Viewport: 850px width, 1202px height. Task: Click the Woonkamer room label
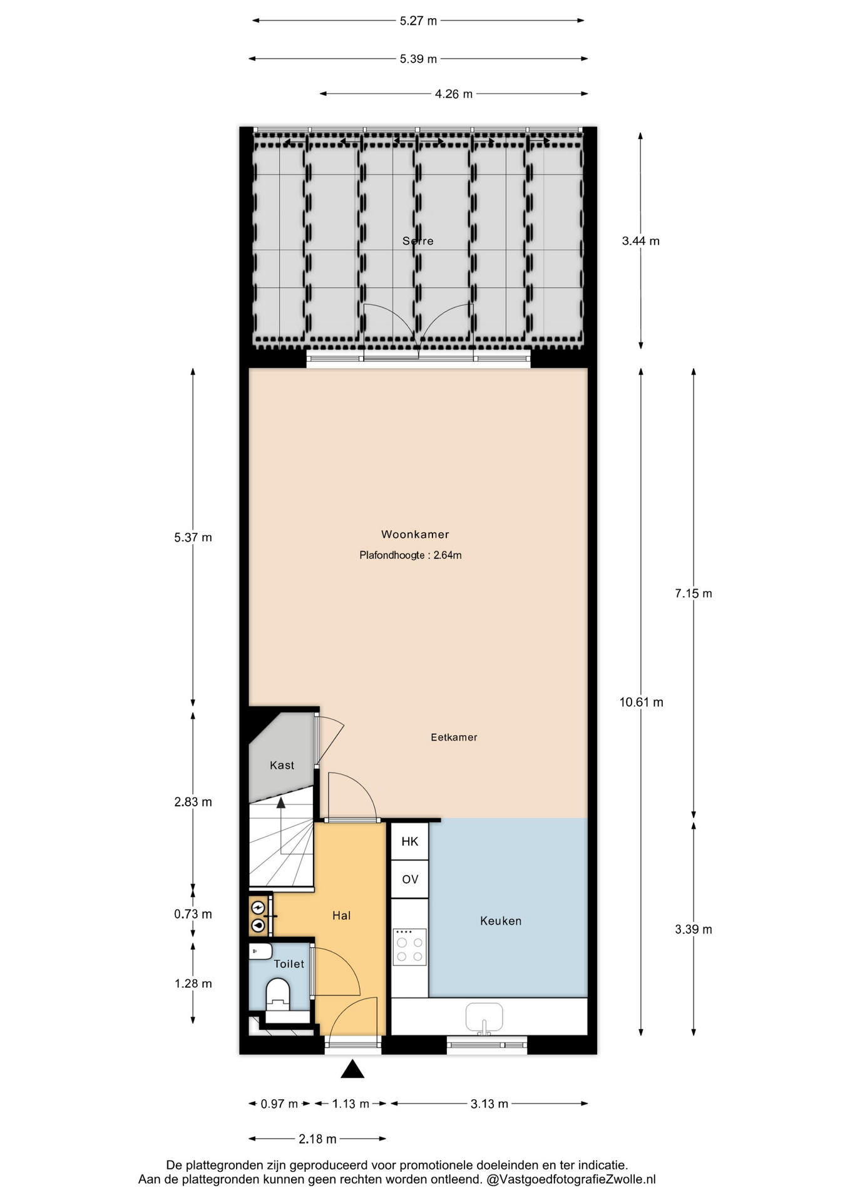click(x=415, y=534)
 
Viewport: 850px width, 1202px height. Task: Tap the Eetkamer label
click(x=454, y=737)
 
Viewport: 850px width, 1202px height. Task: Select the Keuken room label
click(x=501, y=920)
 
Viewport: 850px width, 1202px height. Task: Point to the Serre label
click(x=418, y=240)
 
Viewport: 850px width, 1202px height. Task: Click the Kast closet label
click(x=282, y=764)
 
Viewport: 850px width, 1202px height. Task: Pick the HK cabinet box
click(x=410, y=841)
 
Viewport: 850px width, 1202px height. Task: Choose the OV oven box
click(x=410, y=879)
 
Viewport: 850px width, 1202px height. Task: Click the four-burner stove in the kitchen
click(x=410, y=947)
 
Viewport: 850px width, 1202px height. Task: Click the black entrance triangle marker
click(x=352, y=1069)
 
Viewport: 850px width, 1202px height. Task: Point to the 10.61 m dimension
click(x=641, y=702)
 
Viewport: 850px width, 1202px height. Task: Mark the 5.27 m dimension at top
click(x=418, y=21)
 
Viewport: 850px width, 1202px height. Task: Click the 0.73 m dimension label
click(x=193, y=914)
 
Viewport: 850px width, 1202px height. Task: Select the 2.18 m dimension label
click(x=317, y=1138)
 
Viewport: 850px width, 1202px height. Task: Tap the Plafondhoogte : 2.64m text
click(x=411, y=555)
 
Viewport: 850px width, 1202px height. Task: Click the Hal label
click(x=341, y=915)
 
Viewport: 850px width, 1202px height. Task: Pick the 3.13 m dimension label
click(x=489, y=1103)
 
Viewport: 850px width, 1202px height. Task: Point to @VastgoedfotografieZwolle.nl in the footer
click(x=571, y=1179)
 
